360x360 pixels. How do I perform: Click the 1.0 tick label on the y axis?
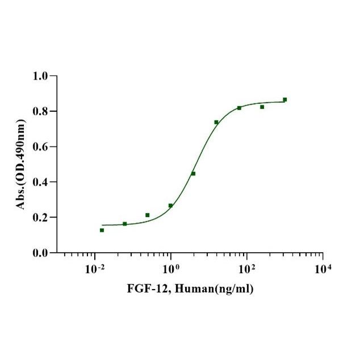click(41, 76)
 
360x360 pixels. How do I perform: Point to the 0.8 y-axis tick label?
click(41, 111)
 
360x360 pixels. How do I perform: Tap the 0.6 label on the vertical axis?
click(41, 146)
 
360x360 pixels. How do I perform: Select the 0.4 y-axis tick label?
click(41, 182)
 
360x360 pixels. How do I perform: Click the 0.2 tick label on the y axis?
click(41, 217)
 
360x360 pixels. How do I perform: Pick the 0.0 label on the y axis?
click(41, 253)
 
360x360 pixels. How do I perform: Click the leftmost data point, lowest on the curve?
click(102, 230)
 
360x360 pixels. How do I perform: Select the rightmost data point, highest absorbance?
click(284, 99)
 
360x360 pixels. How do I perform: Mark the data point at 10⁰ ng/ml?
click(170, 206)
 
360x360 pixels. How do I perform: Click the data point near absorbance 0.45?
click(193, 173)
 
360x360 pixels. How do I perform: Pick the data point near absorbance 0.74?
click(216, 122)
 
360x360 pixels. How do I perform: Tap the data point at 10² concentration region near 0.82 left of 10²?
click(239, 108)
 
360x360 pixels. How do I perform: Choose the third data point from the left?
click(148, 215)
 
